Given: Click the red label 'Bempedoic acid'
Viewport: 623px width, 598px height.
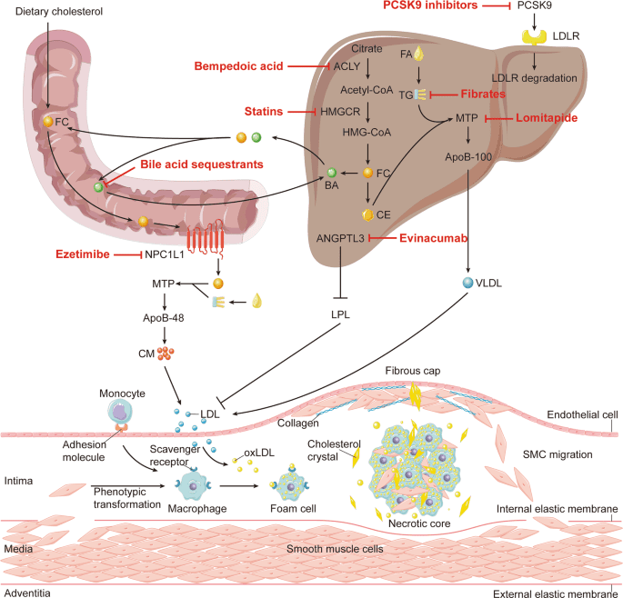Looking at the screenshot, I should [237, 66].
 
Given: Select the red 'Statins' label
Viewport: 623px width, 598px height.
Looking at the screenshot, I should [265, 111].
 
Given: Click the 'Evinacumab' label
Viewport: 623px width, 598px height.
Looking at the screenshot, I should [440, 238].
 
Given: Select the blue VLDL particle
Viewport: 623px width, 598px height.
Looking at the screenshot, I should [467, 282].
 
